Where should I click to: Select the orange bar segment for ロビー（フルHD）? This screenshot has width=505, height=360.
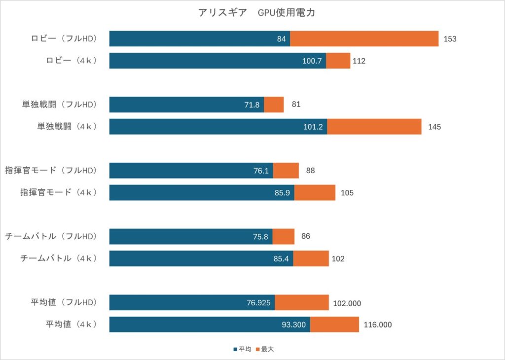(x=364, y=39)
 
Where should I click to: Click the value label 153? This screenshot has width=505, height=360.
(x=450, y=39)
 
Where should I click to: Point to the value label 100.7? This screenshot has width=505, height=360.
(x=312, y=61)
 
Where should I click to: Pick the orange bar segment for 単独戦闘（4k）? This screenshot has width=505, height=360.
(x=374, y=127)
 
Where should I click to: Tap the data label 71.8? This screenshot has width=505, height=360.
(x=252, y=105)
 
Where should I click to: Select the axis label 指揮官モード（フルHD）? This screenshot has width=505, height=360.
(x=51, y=171)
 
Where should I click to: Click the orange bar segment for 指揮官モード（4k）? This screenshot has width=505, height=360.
(x=315, y=192)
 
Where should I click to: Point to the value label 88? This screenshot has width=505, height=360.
(x=310, y=171)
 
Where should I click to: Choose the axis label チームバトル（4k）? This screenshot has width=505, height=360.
(x=59, y=258)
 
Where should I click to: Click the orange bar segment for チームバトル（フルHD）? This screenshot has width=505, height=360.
(x=283, y=237)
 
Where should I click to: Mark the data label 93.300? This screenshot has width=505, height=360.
(x=293, y=324)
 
